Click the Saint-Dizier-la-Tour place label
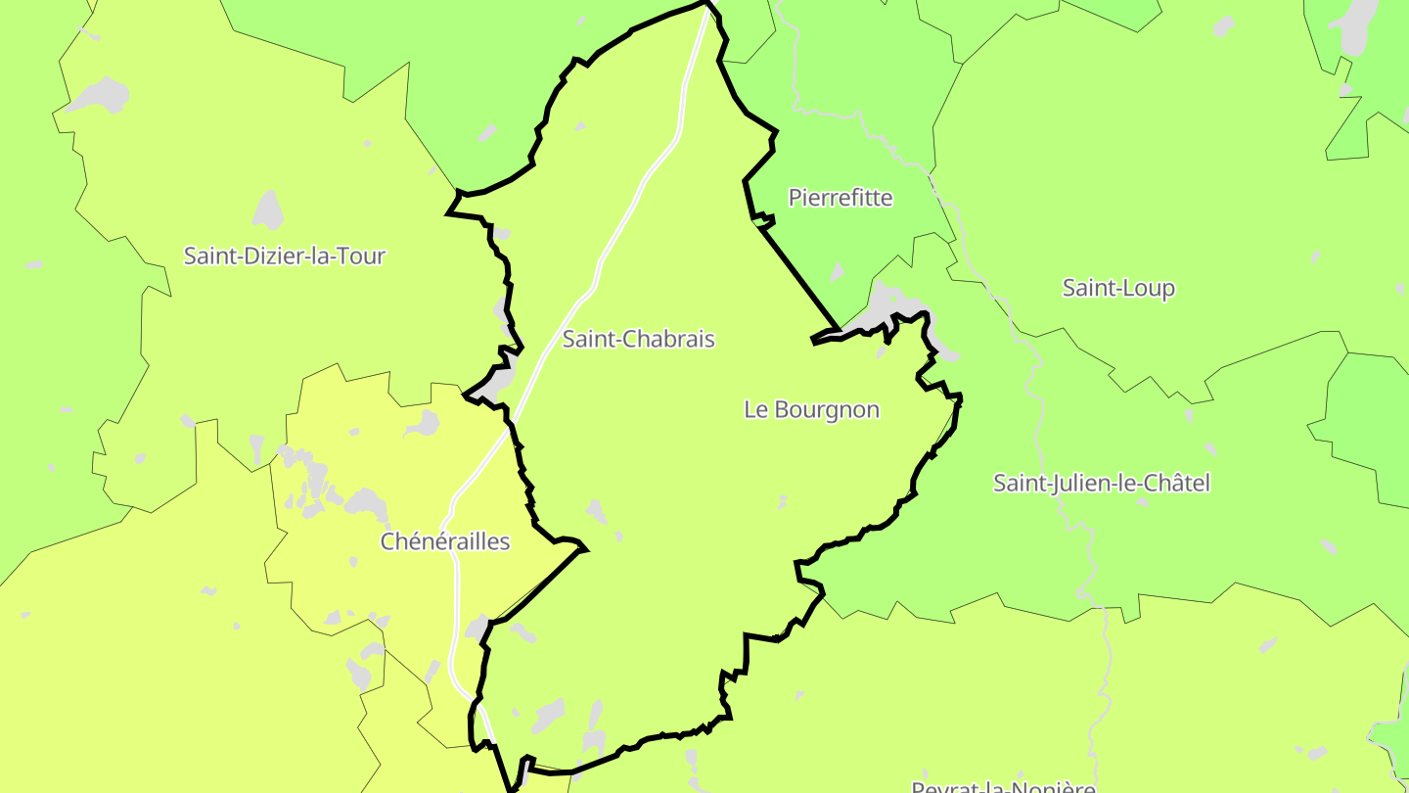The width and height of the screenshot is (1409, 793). [x=285, y=257]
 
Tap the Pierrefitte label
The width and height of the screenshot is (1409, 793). [x=841, y=198]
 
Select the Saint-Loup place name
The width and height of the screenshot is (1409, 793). [x=1118, y=288]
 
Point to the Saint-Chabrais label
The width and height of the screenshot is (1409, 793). [x=638, y=340]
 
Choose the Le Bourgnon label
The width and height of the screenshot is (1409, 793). [x=811, y=410]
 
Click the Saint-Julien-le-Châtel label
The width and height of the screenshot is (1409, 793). [x=1102, y=483]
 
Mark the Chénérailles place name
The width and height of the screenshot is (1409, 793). [x=445, y=541]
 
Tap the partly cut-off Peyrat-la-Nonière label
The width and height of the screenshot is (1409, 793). [x=1003, y=786]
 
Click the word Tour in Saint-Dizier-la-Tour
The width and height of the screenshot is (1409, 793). [x=363, y=257]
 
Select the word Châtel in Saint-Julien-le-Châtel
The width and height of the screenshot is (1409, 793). [x=1179, y=483]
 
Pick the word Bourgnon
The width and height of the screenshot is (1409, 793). [x=826, y=410]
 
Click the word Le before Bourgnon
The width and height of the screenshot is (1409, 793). [x=755, y=410]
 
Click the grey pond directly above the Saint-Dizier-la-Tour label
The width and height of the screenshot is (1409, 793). [x=268, y=210]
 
